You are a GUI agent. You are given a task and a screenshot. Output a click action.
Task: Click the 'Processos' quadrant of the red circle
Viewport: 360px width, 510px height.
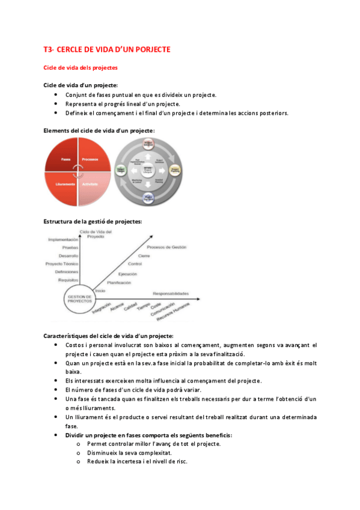[x=91, y=159]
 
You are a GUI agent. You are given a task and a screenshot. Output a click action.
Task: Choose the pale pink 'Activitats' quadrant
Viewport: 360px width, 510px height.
[x=90, y=184]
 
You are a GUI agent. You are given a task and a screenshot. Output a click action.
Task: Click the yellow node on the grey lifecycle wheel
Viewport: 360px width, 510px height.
[x=175, y=170]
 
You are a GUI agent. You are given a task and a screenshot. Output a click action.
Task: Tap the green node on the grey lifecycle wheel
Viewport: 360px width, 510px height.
[x=120, y=171]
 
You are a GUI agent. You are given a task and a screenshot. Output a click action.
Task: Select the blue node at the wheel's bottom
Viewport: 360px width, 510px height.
[x=148, y=198]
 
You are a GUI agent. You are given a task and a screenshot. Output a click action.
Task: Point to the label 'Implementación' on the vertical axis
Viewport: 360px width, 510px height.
[x=64, y=239]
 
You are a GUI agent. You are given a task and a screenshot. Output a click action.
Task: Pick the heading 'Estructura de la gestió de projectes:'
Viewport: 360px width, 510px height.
[x=93, y=221]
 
